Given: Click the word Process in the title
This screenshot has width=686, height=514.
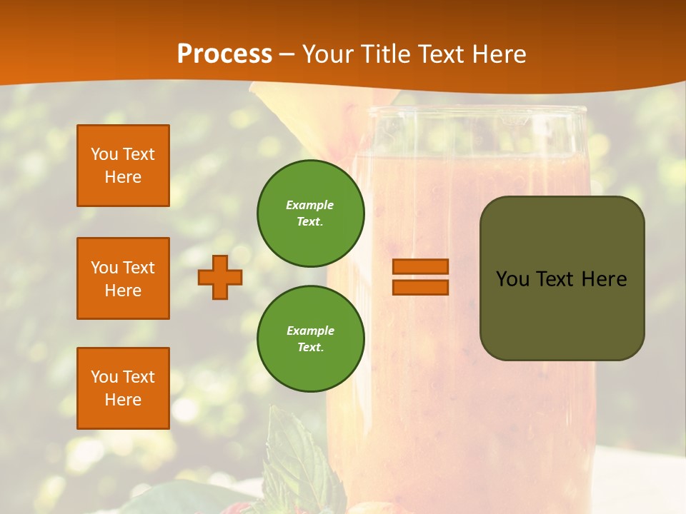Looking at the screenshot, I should [224, 54].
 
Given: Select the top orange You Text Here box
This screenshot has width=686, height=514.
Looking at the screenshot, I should [123, 166].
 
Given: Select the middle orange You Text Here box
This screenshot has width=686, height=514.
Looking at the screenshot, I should [123, 278].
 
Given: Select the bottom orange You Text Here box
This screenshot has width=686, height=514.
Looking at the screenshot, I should [123, 388].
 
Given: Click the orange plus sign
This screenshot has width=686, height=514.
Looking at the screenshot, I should [220, 277].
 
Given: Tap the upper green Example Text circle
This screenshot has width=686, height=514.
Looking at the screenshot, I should [310, 213].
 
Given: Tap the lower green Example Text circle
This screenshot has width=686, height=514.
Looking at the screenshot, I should [310, 339].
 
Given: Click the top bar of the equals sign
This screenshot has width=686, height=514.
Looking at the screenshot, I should [420, 266].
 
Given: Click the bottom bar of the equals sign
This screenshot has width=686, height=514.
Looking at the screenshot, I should [420, 287].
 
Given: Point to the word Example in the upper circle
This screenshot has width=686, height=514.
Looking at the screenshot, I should [310, 205].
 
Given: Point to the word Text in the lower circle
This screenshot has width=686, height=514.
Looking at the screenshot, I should [310, 348].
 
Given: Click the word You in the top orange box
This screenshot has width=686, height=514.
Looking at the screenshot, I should [104, 154].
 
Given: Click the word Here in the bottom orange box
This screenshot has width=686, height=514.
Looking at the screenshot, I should [123, 400].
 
